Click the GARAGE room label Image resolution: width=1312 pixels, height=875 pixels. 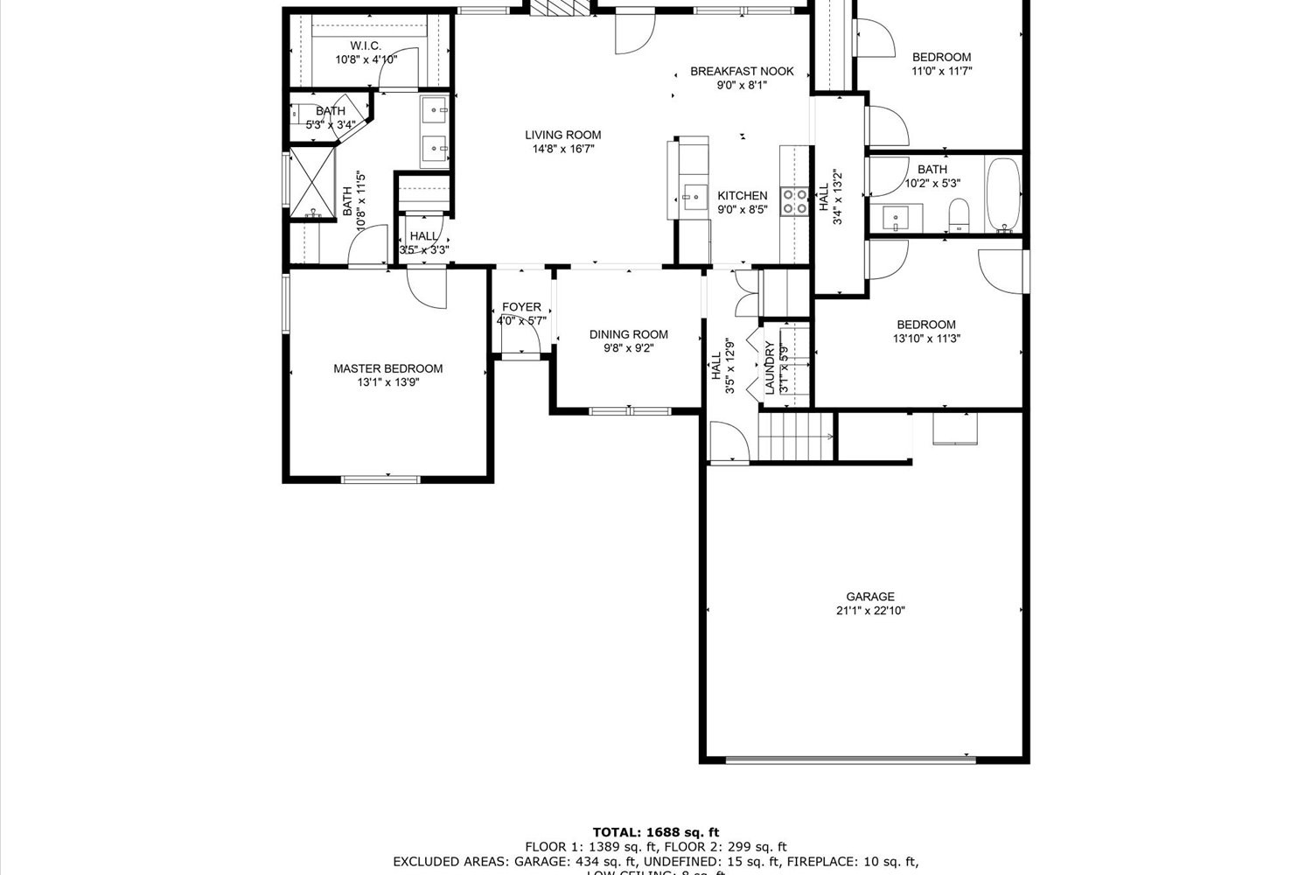[869, 597]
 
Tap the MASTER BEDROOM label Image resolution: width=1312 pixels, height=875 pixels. [387, 368]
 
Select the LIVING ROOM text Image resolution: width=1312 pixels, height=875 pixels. [562, 135]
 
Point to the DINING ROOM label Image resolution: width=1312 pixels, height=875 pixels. [628, 334]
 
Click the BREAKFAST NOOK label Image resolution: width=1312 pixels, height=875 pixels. [742, 71]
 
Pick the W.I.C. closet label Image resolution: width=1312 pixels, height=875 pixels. [366, 45]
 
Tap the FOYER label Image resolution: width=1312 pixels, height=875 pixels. [521, 307]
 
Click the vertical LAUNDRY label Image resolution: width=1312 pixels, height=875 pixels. [770, 367]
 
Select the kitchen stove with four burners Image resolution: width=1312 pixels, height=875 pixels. [795, 201]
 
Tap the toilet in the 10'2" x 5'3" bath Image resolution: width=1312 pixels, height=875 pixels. [959, 215]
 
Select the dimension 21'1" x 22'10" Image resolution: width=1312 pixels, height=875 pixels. [869, 611]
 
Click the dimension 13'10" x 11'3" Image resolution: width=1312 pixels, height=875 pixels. [926, 339]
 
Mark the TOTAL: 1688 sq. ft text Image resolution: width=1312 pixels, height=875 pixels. [655, 832]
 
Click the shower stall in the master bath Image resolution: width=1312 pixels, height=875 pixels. [312, 184]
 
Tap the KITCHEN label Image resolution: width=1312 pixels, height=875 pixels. [742, 196]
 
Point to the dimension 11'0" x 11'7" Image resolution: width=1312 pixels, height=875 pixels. [941, 71]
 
